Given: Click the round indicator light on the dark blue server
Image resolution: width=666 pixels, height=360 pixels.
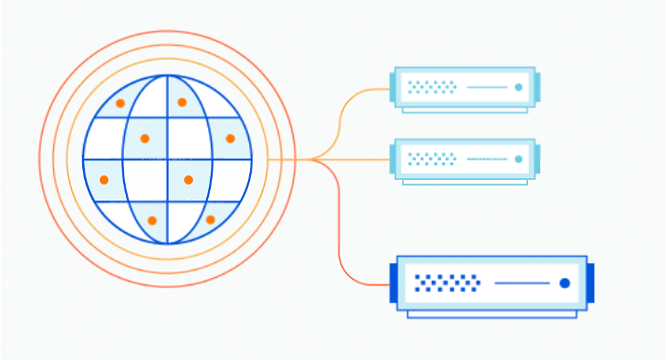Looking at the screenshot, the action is pos(564,283).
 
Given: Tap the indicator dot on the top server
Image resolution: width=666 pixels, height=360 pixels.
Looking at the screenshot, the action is pos(519,88).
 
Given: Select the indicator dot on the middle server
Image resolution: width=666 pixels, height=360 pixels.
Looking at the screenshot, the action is pos(519,159).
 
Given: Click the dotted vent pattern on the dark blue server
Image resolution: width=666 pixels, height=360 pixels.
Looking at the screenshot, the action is pos(447,283).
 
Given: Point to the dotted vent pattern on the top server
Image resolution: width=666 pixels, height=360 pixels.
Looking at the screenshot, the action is pos(432,88).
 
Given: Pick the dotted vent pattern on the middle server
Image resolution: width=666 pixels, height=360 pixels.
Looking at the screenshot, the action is pos(432,159).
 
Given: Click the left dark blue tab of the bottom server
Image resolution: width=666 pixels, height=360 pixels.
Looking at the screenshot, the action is pos(393,283).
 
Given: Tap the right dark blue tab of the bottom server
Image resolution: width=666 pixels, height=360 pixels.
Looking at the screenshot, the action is pos(590,283).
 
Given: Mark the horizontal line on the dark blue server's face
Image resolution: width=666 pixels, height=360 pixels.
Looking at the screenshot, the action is pos(521,283).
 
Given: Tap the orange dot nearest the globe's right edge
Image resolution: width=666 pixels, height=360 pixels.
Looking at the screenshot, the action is pos(230,138).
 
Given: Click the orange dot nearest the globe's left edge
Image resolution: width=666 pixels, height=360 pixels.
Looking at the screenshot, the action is pos(104,179).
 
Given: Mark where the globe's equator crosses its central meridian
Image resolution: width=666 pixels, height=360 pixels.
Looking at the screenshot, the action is pos(168,159).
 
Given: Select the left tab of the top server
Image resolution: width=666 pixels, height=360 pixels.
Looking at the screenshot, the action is pos(393,88).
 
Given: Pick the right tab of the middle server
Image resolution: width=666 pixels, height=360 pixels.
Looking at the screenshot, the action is pos(536,159).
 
